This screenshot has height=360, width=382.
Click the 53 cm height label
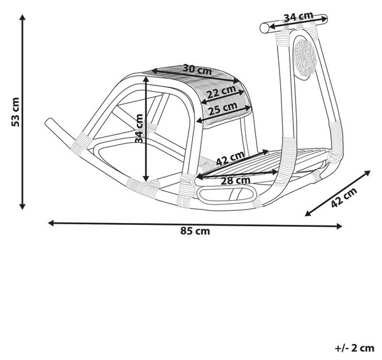[x=15, y=112]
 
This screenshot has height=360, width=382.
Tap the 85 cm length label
[x=195, y=231]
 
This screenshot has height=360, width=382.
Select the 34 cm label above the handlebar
[x=298, y=17]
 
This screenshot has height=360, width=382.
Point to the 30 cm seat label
[x=197, y=69]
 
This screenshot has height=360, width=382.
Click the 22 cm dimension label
[x=221, y=92]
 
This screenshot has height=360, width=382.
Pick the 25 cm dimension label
[x=223, y=109]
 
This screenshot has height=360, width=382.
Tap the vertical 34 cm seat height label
[x=139, y=128]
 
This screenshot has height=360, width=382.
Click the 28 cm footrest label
[x=236, y=180]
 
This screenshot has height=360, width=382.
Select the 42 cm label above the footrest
[x=230, y=158]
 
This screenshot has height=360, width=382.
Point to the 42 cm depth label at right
[x=344, y=198]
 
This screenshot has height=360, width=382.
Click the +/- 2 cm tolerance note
[x=355, y=348]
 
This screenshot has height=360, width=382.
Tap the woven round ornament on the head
[x=304, y=58]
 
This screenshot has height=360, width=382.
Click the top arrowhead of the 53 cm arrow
[x=22, y=18]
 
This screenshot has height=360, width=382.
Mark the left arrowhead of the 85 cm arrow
[x=51, y=223]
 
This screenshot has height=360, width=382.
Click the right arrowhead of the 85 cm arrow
[x=339, y=226]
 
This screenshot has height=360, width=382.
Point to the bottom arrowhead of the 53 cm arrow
[x=22, y=206]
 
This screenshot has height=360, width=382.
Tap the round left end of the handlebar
[x=264, y=28]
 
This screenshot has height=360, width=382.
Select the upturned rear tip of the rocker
[x=49, y=122]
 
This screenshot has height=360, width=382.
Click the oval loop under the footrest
[x=227, y=194]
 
